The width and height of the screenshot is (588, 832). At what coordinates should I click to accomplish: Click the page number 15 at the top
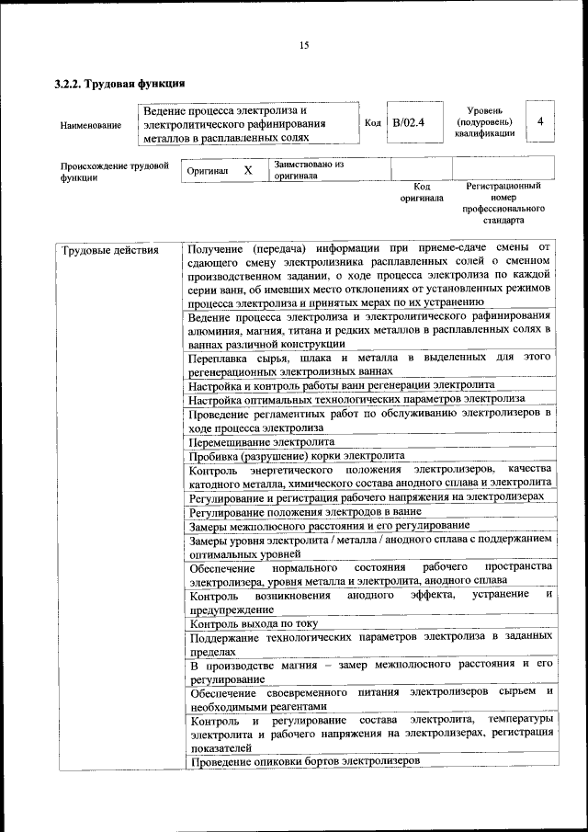pyautogui.click(x=304, y=46)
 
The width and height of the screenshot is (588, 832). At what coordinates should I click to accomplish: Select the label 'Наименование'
pyautogui.click(x=91, y=124)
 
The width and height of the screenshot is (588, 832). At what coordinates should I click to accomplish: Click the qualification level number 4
pyautogui.click(x=540, y=121)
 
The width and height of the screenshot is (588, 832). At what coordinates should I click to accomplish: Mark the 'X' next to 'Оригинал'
pyautogui.click(x=248, y=171)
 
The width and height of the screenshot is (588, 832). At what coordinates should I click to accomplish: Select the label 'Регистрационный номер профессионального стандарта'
pyautogui.click(x=503, y=203)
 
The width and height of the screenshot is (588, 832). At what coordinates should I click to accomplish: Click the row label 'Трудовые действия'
pyautogui.click(x=109, y=250)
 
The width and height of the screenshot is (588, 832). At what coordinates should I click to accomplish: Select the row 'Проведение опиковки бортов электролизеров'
pyautogui.click(x=304, y=762)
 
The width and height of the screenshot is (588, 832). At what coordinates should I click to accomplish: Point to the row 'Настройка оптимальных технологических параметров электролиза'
pyautogui.click(x=356, y=399)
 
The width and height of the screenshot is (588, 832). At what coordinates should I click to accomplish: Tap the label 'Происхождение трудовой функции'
pyautogui.click(x=115, y=172)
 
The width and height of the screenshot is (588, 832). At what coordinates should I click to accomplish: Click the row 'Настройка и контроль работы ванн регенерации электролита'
pyautogui.click(x=342, y=384)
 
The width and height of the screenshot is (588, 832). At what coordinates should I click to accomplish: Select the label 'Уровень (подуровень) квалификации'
pyautogui.click(x=483, y=121)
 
